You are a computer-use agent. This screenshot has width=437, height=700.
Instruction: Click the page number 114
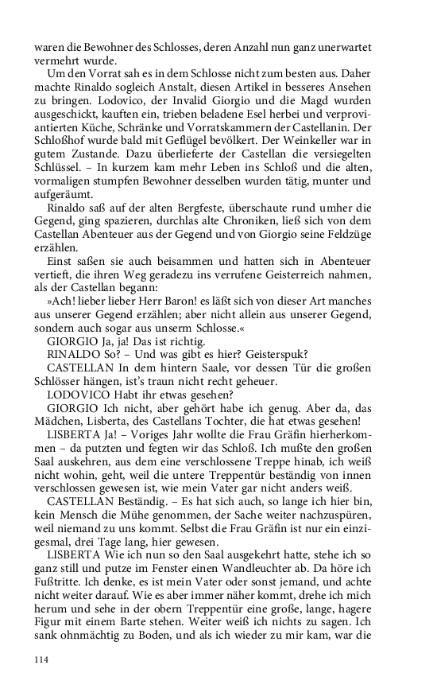tap(41, 659)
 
